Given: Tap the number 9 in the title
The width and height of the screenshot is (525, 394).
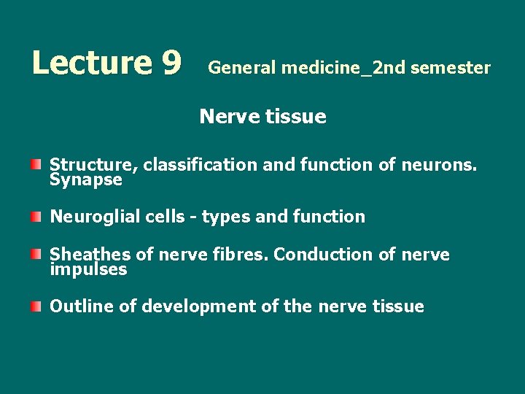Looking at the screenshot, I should (x=172, y=63).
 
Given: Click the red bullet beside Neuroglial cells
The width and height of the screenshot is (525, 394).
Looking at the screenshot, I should (x=36, y=215).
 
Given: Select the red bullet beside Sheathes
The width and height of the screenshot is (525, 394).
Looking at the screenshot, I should (x=36, y=253).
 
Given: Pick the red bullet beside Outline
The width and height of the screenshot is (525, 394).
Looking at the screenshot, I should (x=36, y=305).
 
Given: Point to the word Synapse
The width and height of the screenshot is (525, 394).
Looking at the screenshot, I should (x=86, y=179).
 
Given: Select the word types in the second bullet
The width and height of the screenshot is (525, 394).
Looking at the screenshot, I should (x=224, y=217).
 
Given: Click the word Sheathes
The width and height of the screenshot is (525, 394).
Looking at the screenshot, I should (x=90, y=255).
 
